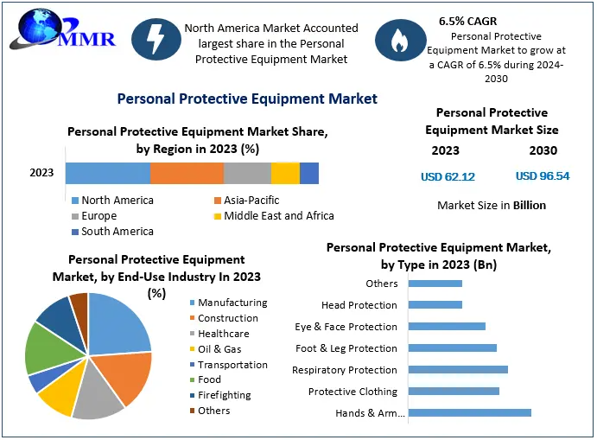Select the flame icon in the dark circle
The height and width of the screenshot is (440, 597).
click(397, 40)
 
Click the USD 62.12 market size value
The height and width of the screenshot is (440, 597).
click(447, 176)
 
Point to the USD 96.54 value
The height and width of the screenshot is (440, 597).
click(543, 176)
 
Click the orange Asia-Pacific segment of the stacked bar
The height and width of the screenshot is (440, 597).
click(187, 173)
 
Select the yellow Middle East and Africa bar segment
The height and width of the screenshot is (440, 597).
click(285, 173)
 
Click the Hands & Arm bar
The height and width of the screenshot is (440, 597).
click(469, 412)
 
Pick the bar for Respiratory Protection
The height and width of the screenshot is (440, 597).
click(458, 370)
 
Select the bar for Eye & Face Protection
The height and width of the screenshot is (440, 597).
click(447, 327)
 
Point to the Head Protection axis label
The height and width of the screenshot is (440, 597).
click(359, 305)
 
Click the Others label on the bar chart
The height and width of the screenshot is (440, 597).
click(382, 284)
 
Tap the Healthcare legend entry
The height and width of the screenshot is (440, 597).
click(223, 334)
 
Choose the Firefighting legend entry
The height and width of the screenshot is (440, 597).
click(224, 395)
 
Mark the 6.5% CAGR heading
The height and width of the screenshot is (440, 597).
click(467, 20)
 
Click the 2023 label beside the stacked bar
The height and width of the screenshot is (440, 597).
click(41, 173)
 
